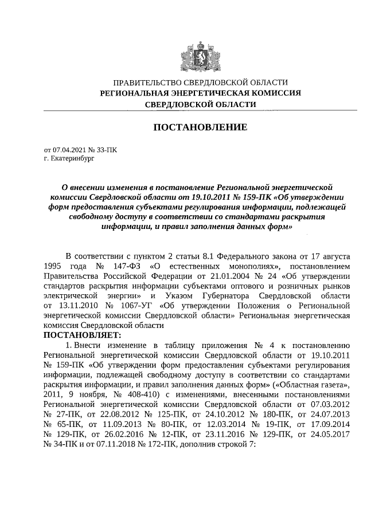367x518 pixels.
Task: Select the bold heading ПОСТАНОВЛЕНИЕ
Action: click(200, 126)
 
